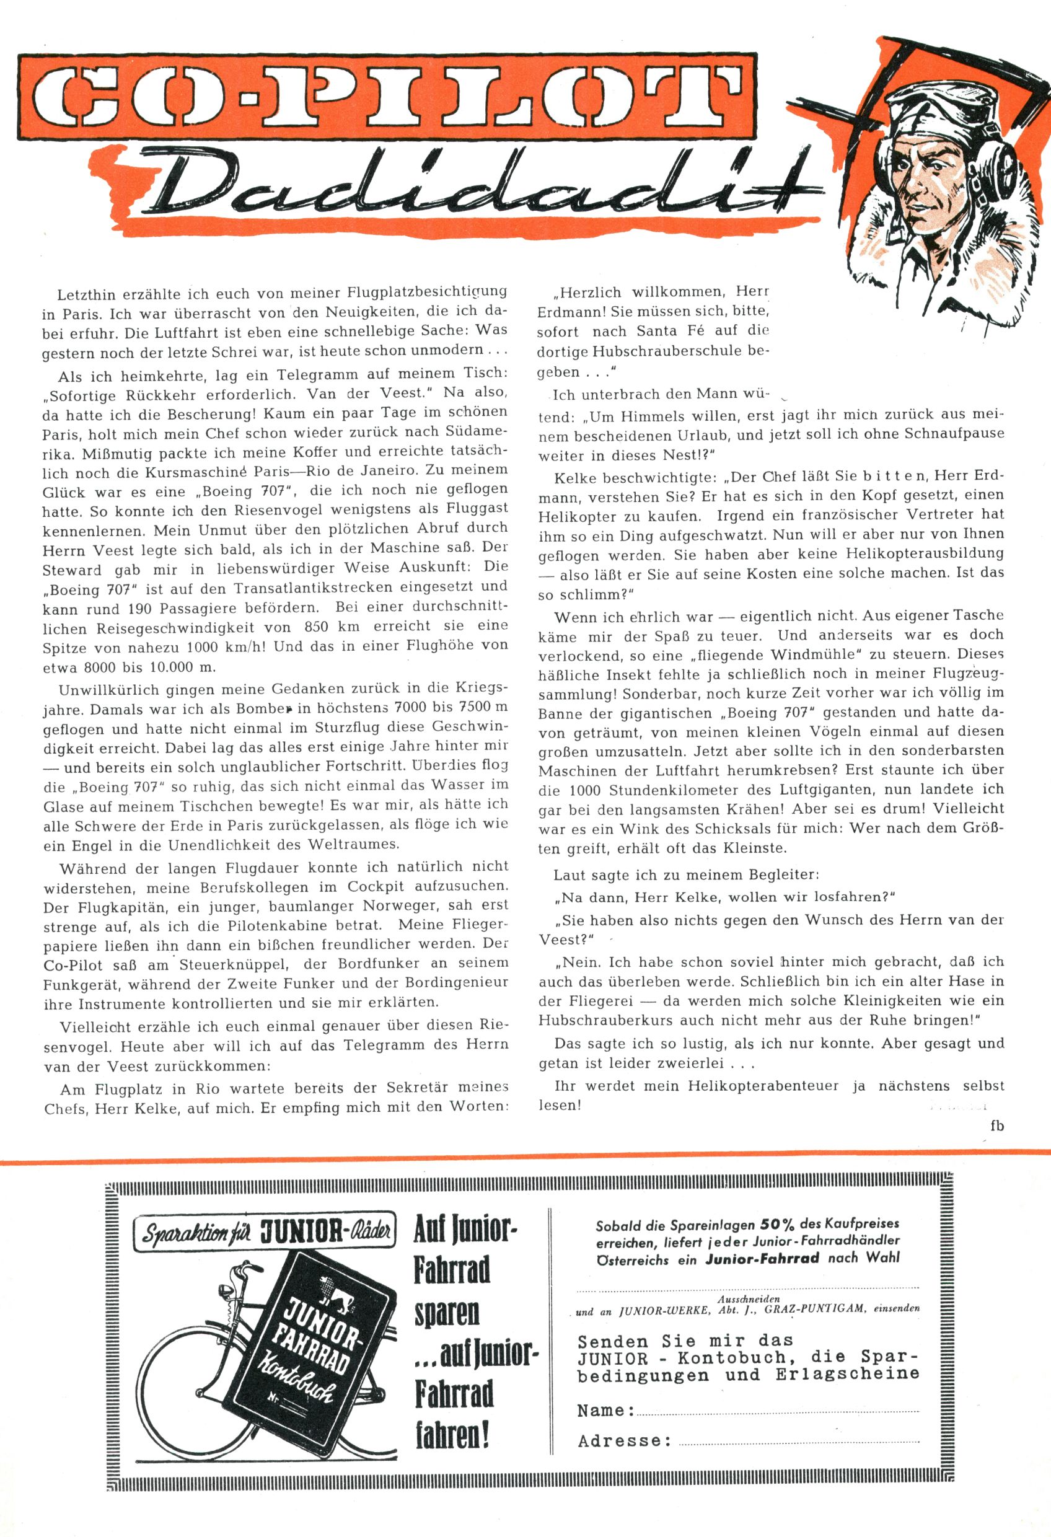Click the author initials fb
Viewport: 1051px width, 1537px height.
pos(996,1125)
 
